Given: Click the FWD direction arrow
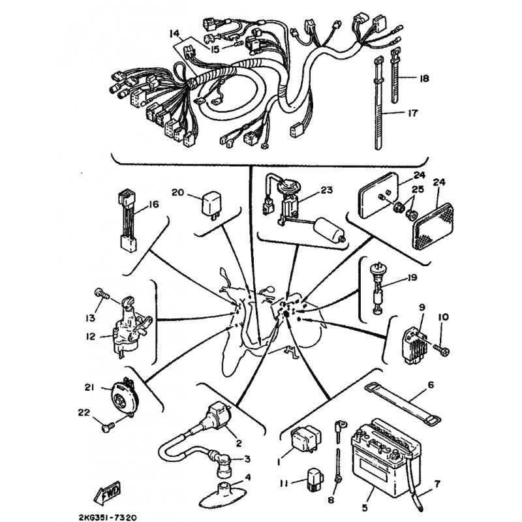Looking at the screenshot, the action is click(x=107, y=493).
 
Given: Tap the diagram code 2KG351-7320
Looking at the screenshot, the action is click(x=108, y=517).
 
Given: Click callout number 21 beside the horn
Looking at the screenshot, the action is click(x=89, y=388).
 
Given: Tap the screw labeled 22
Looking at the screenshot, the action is click(x=108, y=427).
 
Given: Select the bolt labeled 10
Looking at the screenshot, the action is click(x=441, y=350).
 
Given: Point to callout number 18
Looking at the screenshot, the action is click(x=425, y=78).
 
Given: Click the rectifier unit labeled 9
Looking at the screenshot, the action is click(x=414, y=347).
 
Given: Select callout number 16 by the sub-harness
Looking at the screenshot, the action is click(x=154, y=204).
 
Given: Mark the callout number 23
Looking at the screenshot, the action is click(x=327, y=190).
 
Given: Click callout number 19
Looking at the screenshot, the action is click(x=412, y=277).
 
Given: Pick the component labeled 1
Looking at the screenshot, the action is click(x=306, y=439).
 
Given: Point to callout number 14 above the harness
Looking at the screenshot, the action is click(x=174, y=34).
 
